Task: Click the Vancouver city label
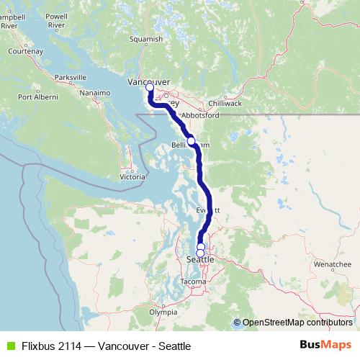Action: [148, 82]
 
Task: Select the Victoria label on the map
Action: [132, 176]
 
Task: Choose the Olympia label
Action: [163, 312]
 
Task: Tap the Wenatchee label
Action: [332, 265]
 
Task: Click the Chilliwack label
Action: [225, 104]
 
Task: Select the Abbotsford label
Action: [200, 115]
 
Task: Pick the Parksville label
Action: [70, 76]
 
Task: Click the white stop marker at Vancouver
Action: [150, 89]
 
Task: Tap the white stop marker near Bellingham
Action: [192, 141]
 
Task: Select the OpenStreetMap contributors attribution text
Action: [297, 323]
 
